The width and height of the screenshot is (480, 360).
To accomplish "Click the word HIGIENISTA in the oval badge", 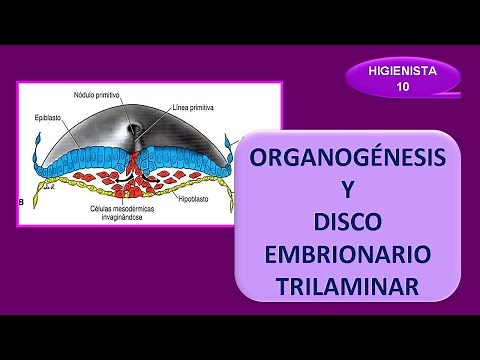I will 402,71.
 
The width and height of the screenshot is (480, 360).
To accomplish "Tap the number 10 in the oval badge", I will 402,87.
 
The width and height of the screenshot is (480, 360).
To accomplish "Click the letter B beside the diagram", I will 22,203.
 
